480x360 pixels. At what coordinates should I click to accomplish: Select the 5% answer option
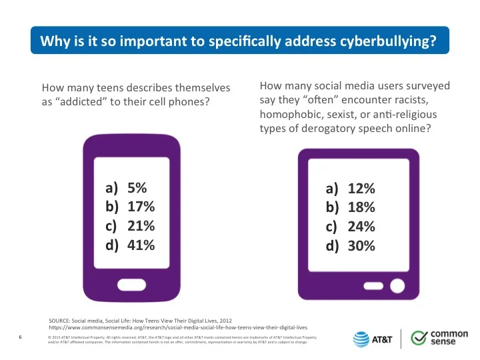pyautogui.click(x=126, y=187)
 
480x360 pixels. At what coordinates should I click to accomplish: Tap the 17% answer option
pyautogui.click(x=130, y=207)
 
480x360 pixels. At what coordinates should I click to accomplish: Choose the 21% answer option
pyautogui.click(x=130, y=226)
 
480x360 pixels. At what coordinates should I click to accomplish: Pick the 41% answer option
pyautogui.click(x=130, y=245)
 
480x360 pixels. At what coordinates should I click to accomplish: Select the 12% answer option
pyautogui.click(x=350, y=189)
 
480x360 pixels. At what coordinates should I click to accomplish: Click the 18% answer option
pyautogui.click(x=350, y=207)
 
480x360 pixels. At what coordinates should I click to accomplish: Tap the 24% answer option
pyautogui.click(x=350, y=227)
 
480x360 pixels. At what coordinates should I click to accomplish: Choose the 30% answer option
pyautogui.click(x=350, y=246)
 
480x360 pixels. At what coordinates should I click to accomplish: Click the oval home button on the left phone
pyautogui.click(x=131, y=285)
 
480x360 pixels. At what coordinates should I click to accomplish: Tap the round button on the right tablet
pyautogui.click(x=397, y=286)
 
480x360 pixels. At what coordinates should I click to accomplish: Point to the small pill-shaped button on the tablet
pyautogui.click(x=373, y=286)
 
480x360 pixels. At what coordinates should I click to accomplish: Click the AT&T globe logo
pyautogui.click(x=361, y=339)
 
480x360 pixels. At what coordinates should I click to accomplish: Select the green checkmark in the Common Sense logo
pyautogui.click(x=419, y=337)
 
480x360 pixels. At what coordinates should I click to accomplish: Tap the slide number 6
pyautogui.click(x=20, y=337)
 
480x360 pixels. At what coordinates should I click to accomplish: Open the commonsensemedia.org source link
pyautogui.click(x=178, y=327)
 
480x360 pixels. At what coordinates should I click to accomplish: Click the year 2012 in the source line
pyautogui.click(x=226, y=321)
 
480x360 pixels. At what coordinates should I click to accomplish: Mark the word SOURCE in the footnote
pyautogui.click(x=59, y=321)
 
